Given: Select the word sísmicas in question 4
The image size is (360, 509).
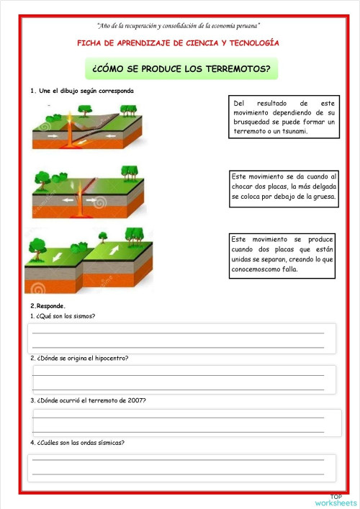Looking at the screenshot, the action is click(107, 442).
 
